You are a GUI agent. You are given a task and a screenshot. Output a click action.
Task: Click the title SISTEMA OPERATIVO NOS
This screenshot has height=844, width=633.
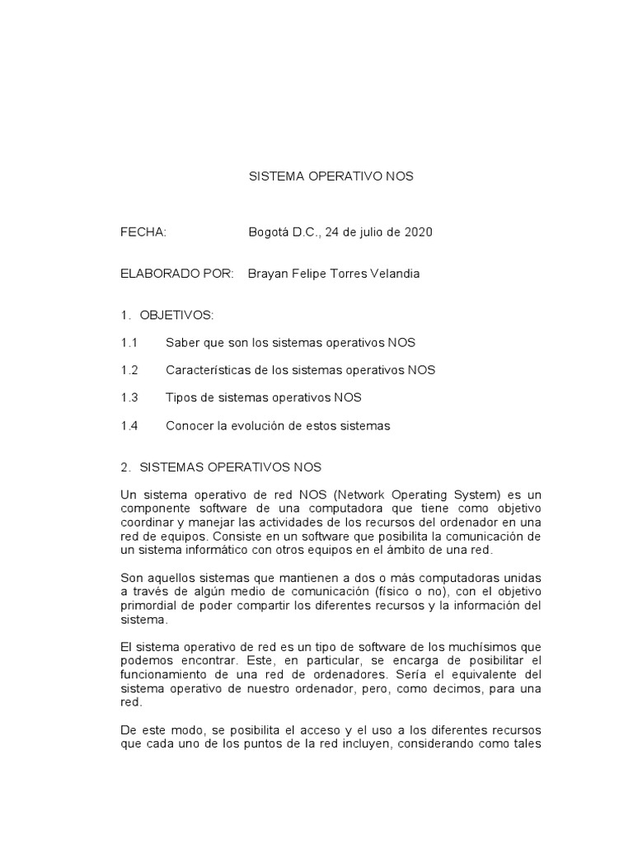point(331,176)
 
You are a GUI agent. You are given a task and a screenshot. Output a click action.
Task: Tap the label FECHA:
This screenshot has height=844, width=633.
point(143,232)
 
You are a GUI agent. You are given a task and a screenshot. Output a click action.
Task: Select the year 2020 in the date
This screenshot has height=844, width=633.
point(418,232)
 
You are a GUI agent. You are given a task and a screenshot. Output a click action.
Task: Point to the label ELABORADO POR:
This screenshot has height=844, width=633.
point(177,274)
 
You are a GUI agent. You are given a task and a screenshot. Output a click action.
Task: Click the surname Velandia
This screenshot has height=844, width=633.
point(393,274)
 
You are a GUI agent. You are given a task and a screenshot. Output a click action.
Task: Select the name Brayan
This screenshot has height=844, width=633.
point(269,274)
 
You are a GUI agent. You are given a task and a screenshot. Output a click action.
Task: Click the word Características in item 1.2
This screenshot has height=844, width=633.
point(207,370)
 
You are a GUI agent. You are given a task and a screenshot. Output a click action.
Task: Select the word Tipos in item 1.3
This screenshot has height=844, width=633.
point(181,397)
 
